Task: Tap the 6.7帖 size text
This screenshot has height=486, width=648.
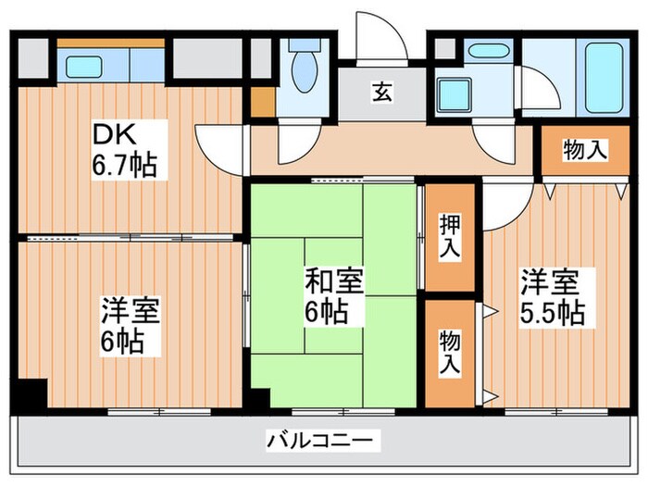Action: click(x=123, y=166)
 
